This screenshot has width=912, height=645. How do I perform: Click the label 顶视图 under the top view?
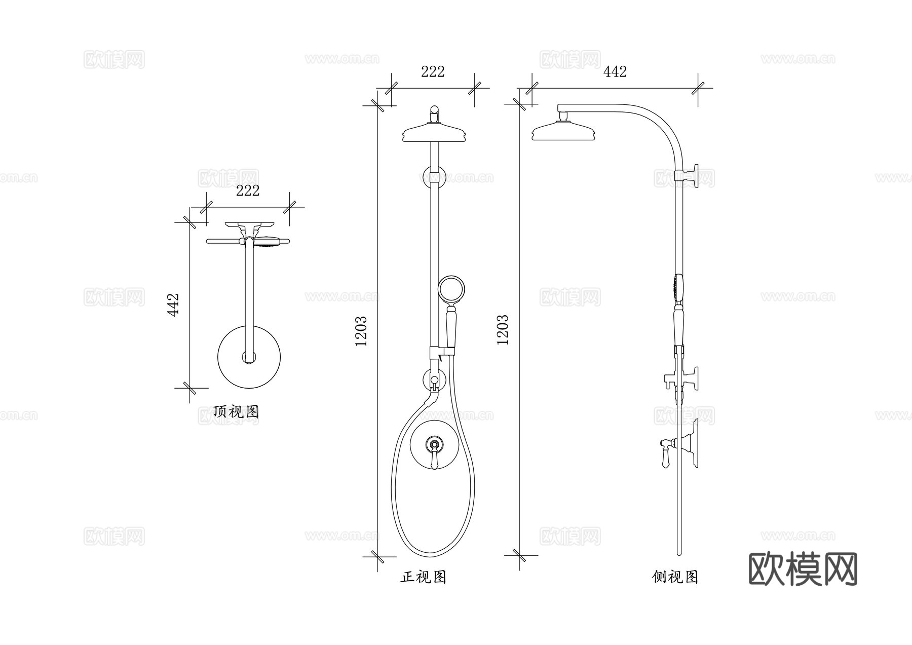(x=236, y=411)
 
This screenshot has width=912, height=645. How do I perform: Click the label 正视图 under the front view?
(x=424, y=577)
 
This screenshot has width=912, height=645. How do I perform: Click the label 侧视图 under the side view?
(x=675, y=577)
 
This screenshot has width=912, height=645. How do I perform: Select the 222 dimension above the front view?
(x=433, y=71)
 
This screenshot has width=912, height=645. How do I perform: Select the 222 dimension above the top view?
(x=248, y=191)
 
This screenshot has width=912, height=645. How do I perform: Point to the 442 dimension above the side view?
(x=615, y=71)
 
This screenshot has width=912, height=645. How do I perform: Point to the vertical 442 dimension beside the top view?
(x=173, y=305)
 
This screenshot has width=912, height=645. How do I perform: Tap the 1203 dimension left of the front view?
(x=361, y=331)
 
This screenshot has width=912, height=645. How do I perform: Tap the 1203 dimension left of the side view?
(x=502, y=330)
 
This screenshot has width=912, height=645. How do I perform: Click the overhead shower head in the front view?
(x=434, y=134)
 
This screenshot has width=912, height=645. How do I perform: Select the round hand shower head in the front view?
(x=451, y=289)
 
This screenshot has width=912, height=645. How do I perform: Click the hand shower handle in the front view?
(x=450, y=327)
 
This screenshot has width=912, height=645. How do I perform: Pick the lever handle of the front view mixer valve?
(x=434, y=459)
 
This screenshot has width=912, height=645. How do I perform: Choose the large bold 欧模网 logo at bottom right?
(x=803, y=570)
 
